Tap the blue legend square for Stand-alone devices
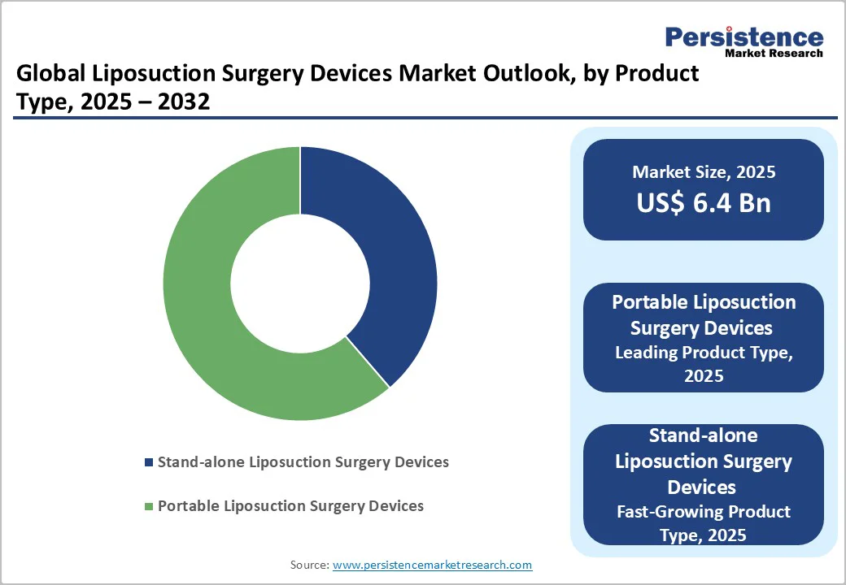point(148,462)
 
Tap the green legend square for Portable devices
point(148,507)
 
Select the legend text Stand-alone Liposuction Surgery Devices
point(303,462)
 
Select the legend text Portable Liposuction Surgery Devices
point(290,506)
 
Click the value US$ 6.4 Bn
point(704,203)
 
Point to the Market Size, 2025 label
point(704,172)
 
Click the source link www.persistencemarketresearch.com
point(432,565)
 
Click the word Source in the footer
point(309,565)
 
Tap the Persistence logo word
point(744,37)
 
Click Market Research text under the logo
point(774,54)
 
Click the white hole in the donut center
point(300,284)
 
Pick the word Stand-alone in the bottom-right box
point(704,435)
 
